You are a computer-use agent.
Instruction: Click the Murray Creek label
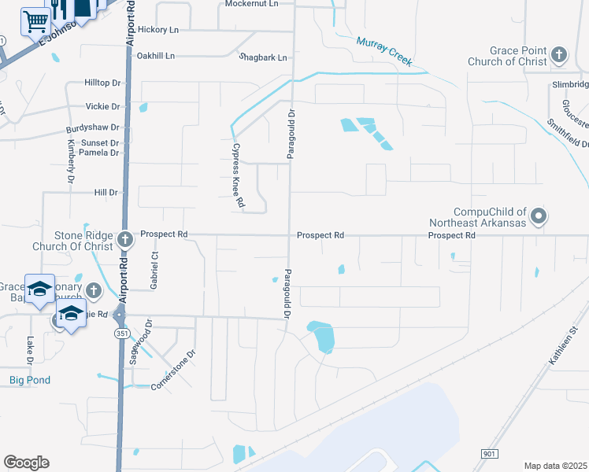(385, 49)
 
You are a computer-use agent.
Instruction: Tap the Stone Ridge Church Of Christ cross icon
(124, 238)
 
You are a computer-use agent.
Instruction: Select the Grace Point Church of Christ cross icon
(559, 54)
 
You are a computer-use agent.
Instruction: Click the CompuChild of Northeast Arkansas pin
(539, 216)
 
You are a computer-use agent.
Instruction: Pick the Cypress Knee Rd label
(236, 175)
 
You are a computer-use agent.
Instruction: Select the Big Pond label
(30, 380)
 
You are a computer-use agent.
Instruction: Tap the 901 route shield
(489, 454)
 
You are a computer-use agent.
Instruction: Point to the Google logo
(26, 463)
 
